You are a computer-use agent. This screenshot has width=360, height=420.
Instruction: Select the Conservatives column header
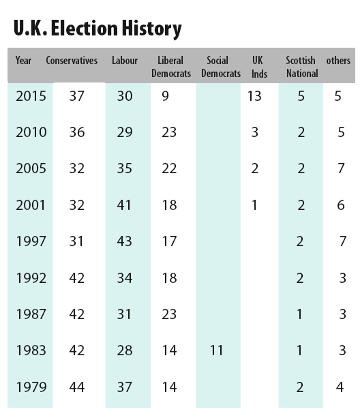[x=72, y=60]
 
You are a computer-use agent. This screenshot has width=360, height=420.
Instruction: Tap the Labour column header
[x=125, y=60]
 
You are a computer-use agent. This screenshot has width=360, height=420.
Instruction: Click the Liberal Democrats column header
[x=171, y=67]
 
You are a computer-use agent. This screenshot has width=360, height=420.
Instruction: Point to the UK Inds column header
[x=259, y=67]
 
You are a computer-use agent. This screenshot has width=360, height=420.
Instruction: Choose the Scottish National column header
[x=302, y=67]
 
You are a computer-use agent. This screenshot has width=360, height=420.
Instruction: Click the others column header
[x=338, y=61]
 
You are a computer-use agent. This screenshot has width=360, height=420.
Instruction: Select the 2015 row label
[x=31, y=96]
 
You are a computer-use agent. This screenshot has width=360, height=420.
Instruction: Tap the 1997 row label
[x=31, y=241]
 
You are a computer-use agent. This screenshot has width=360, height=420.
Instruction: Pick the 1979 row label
[x=31, y=387]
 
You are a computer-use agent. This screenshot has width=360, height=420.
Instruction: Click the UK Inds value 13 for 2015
[x=254, y=96]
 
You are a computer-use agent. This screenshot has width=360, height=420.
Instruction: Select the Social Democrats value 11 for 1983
[x=216, y=350]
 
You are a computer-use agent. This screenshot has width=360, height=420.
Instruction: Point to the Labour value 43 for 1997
[x=124, y=241]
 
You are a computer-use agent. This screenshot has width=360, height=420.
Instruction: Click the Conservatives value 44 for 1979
[x=77, y=387]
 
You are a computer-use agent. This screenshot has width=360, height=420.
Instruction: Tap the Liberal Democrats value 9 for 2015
[x=165, y=96]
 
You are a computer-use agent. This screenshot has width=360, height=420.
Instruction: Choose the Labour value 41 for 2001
[x=124, y=205]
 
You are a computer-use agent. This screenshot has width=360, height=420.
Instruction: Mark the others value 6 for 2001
[x=341, y=205]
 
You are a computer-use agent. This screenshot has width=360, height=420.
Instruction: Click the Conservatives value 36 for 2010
[x=77, y=132]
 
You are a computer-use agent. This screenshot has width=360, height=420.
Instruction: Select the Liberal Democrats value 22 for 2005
[x=169, y=168]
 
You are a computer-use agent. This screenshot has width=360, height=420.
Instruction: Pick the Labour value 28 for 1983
[x=125, y=350]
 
